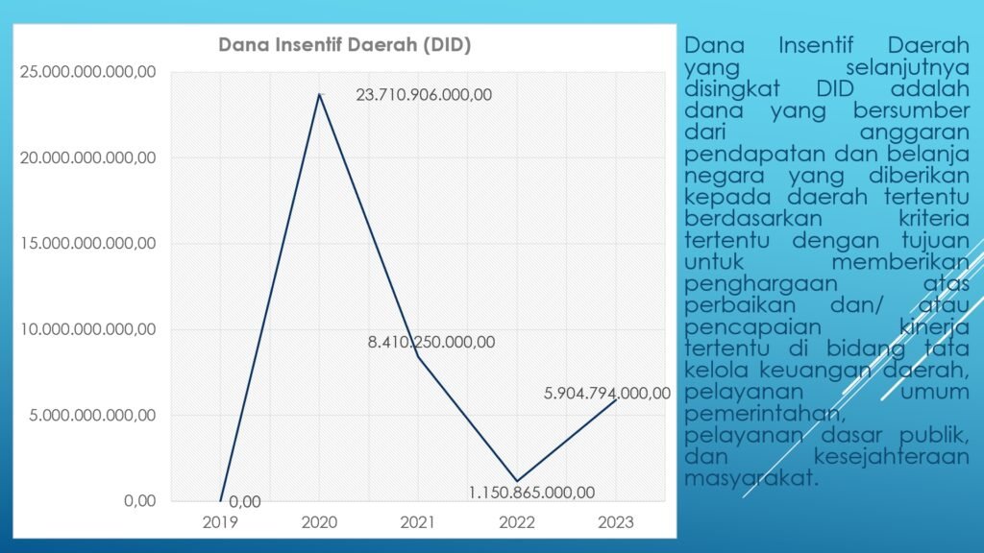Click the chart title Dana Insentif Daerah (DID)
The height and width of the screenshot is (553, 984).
(344, 45)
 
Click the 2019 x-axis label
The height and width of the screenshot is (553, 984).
(220, 522)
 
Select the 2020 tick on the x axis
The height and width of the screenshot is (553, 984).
(319, 522)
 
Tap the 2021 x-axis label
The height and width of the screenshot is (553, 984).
(418, 522)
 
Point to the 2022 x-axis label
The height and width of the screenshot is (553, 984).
(517, 522)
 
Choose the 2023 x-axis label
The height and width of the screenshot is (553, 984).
(615, 522)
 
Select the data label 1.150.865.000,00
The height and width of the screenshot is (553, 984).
(531, 493)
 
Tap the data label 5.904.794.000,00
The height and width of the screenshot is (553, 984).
(606, 392)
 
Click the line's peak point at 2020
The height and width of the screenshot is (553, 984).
(319, 93)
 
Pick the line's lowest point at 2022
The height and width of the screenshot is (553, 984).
(517, 481)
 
